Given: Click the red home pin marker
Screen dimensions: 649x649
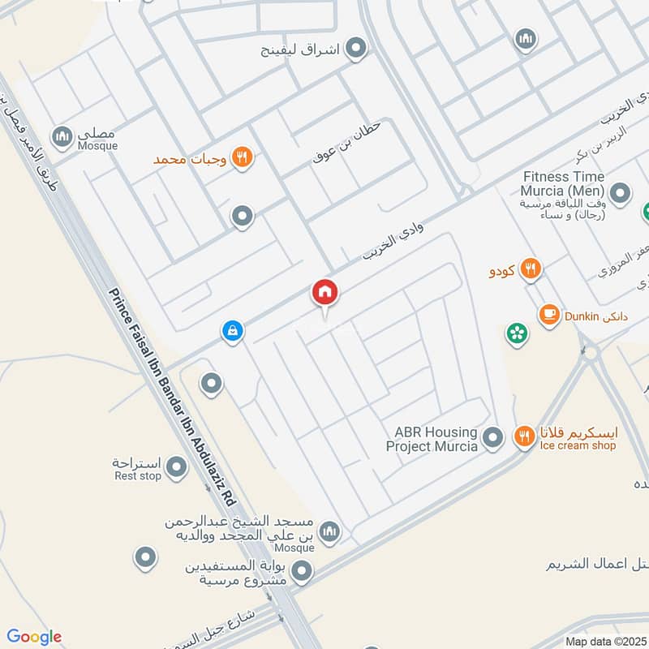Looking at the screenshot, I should click(325, 293).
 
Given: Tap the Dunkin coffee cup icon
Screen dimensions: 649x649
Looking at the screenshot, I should click(549, 313).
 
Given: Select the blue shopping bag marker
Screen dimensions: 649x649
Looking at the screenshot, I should click(233, 331).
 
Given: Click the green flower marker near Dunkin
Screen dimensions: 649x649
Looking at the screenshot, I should click(516, 332).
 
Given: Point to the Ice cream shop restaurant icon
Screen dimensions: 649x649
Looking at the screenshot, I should click(525, 437).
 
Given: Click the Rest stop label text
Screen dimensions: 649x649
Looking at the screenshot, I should click(138, 476).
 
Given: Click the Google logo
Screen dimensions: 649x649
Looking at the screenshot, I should click(34, 637).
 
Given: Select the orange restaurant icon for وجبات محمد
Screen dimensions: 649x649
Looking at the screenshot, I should click(241, 157).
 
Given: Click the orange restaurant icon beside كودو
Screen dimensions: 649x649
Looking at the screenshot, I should click(531, 269).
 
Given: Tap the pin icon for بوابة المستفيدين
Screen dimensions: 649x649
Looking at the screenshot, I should click(303, 574).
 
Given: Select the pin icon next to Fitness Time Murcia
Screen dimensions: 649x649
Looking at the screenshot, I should click(621, 194).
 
